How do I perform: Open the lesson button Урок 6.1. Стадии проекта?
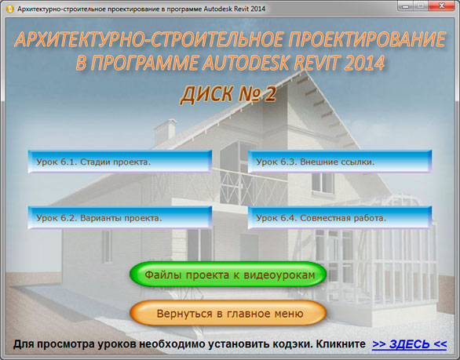pos(119,162)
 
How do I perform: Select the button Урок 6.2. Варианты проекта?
pos(119,217)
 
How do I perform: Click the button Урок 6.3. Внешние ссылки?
pos(340,162)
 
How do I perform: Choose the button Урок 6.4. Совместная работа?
pos(340,217)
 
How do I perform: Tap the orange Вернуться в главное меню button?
pos(228,313)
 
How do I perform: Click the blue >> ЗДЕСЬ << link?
pos(409,344)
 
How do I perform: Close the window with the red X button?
pos(442,5)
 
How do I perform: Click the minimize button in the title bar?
pos(405,5)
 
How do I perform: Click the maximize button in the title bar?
pos(421,5)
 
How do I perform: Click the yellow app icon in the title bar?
pos(9,9)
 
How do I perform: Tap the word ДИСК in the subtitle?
pos(206,94)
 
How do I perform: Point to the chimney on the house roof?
pos(165,131)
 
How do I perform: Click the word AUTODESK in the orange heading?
pos(246,62)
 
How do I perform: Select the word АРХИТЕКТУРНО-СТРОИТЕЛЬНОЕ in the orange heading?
pos(149,39)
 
